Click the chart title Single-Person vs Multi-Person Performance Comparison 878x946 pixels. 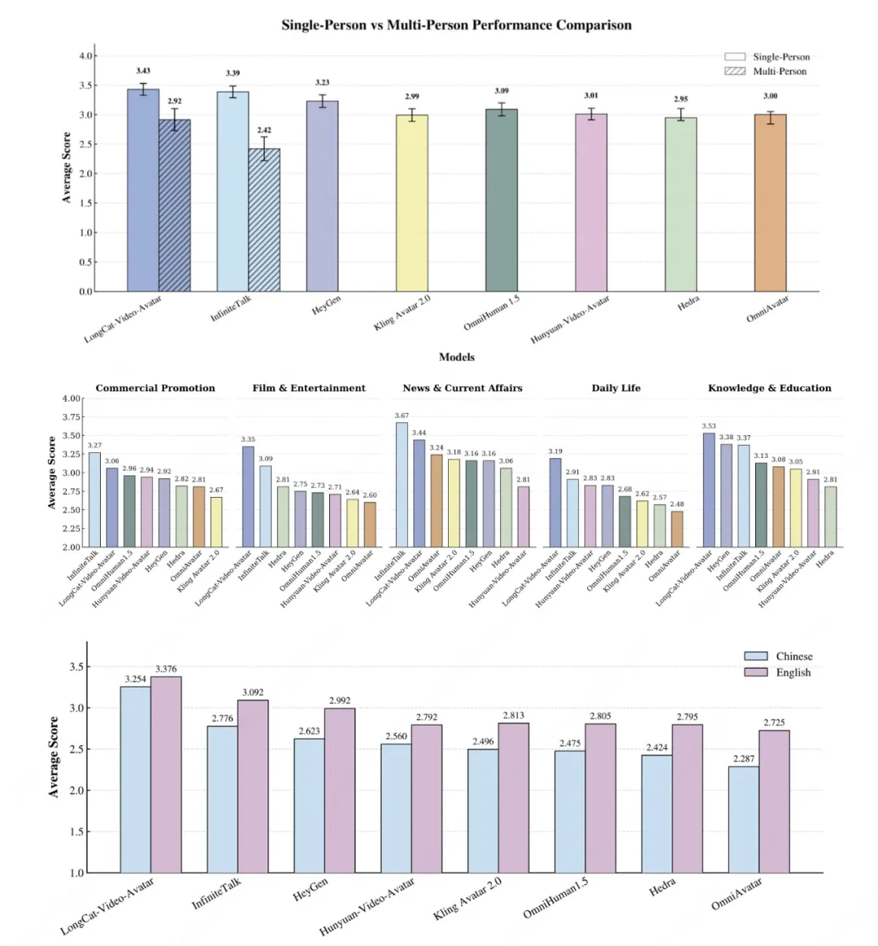456,24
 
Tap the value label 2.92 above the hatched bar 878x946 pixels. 175,102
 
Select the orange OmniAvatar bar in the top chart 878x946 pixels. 770,203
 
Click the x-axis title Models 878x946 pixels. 456,357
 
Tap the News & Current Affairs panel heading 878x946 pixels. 463,388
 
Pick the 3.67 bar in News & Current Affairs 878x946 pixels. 402,484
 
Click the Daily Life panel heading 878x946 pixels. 615,388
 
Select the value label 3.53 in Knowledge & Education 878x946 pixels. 709,426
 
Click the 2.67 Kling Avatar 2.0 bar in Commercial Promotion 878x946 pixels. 215,522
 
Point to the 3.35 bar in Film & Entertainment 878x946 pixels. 248,496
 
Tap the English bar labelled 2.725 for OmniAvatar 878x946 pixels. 774,801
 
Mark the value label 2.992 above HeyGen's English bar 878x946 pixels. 340,700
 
